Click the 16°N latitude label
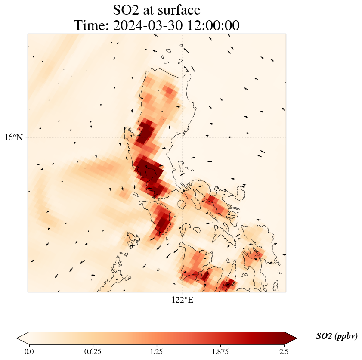coord(16,137)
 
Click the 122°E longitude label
coord(183,300)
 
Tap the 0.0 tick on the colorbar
coord(29,351)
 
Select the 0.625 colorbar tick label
coord(93,351)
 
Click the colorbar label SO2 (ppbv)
coord(337,336)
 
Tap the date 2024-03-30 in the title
coord(146,25)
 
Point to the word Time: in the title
coord(92,25)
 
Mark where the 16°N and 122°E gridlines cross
coord(183,137)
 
